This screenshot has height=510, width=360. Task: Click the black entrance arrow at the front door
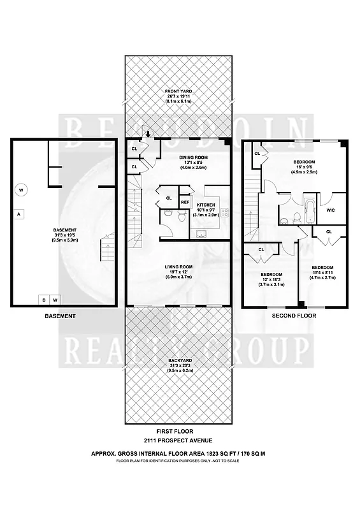click(x=148, y=134)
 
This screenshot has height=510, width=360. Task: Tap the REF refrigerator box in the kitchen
click(x=185, y=202)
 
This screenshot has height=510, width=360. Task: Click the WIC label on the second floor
click(x=330, y=210)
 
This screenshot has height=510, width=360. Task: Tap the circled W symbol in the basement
click(x=21, y=189)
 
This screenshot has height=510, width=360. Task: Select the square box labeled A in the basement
click(x=19, y=214)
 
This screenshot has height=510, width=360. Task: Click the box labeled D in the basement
click(x=44, y=300)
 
